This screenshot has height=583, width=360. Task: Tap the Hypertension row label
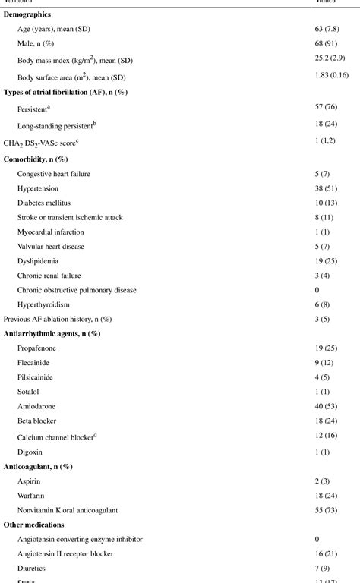(x=37, y=188)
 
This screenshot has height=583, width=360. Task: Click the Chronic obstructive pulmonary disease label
(x=77, y=289)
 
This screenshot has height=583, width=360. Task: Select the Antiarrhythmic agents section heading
(x=52, y=333)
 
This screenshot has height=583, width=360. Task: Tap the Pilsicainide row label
(x=36, y=377)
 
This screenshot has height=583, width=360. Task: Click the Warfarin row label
(x=33, y=496)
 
